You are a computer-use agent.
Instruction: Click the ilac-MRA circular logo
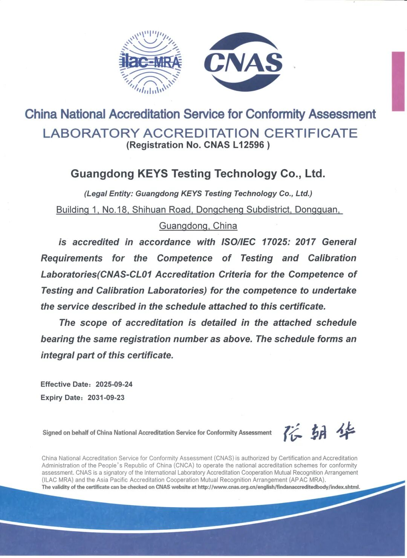pyautogui.click(x=150, y=62)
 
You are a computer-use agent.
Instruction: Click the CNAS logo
pyautogui.click(x=243, y=62)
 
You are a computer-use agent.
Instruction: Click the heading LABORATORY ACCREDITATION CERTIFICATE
pyautogui.click(x=200, y=133)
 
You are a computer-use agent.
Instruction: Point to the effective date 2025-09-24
pyautogui.click(x=114, y=384)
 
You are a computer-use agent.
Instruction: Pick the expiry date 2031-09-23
pyautogui.click(x=106, y=397)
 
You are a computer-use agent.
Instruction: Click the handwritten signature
pyautogui.click(x=319, y=433)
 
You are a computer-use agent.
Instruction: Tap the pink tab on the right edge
pyautogui.click(x=398, y=81)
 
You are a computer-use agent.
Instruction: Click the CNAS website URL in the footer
pyautogui.click(x=278, y=487)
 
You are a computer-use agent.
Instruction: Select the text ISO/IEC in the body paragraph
pyautogui.click(x=238, y=242)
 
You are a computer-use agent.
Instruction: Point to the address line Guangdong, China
pyautogui.click(x=198, y=226)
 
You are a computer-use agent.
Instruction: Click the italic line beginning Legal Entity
pyautogui.click(x=198, y=194)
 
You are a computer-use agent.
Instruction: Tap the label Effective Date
pyautogui.click(x=64, y=384)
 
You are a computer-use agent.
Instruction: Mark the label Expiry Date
pyautogui.click(x=61, y=397)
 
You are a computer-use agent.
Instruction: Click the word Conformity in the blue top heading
pyautogui.click(x=275, y=114)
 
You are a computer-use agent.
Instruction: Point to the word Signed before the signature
pyautogui.click(x=52, y=433)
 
